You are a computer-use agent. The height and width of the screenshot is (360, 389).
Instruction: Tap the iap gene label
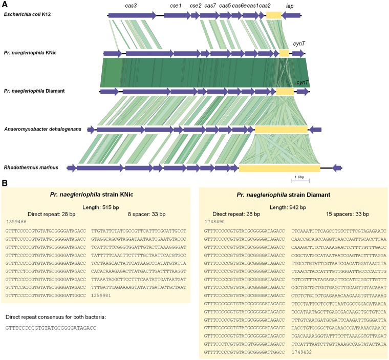coord(290,5)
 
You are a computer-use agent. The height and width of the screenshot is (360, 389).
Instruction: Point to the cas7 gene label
coord(210,5)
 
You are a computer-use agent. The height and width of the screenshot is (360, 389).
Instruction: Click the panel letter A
coord(4,4)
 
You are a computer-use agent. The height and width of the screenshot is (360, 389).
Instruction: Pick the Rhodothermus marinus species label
coord(31,167)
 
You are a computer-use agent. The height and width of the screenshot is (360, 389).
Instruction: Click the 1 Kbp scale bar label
coord(300,177)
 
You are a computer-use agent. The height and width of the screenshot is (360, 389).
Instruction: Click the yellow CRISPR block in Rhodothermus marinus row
coord(279,167)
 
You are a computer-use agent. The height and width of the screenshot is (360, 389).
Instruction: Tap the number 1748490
coord(215,222)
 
